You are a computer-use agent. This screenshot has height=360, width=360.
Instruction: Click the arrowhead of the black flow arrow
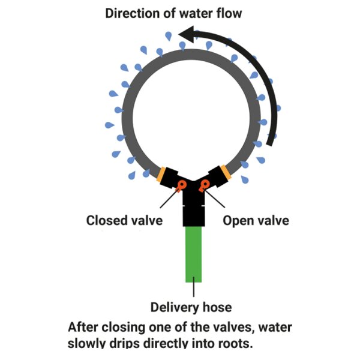click(187, 37)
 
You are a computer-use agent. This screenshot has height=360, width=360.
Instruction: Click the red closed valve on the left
click(182, 184)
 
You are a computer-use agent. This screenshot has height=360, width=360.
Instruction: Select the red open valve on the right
click(205, 184)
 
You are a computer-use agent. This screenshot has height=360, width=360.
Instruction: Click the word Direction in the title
click(133, 13)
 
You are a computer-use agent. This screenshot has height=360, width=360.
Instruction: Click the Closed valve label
click(124, 220)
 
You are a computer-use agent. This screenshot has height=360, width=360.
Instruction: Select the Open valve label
click(256, 220)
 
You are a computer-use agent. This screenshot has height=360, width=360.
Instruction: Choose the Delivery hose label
click(191, 308)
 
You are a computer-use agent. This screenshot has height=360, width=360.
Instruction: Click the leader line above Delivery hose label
click(194, 290)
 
